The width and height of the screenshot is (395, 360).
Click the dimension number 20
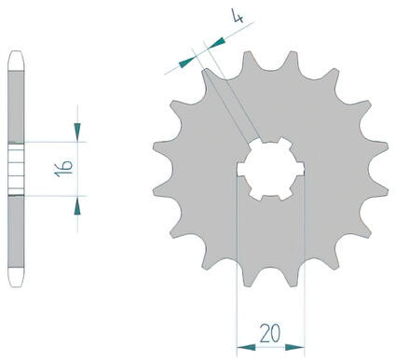[x=270, y=333]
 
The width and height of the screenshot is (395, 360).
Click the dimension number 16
[x=63, y=169]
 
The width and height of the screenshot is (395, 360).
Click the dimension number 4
[x=238, y=16]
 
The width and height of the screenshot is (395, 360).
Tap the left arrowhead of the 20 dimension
[x=246, y=347]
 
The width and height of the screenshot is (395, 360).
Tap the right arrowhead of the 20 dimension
[x=294, y=347]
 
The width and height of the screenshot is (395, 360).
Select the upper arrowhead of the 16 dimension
[x=77, y=132]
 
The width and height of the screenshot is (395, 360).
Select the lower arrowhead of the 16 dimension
[x=77, y=205]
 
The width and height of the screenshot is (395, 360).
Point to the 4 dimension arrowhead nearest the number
[x=215, y=43]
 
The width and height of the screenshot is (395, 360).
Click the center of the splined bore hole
[x=270, y=169]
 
